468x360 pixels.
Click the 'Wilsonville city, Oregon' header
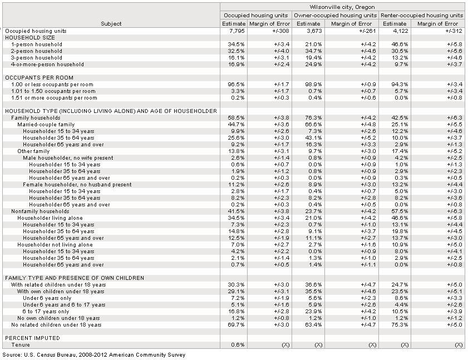[x=342, y=7]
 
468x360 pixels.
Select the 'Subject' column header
[x=111, y=24]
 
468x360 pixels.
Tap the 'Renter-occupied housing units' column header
[x=422, y=16]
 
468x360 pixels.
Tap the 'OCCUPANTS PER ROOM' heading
[x=39, y=77]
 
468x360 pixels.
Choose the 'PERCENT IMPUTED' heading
[x=32, y=338]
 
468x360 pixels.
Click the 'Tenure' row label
[x=19, y=344]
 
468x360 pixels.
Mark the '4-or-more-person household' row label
[x=47, y=64]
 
